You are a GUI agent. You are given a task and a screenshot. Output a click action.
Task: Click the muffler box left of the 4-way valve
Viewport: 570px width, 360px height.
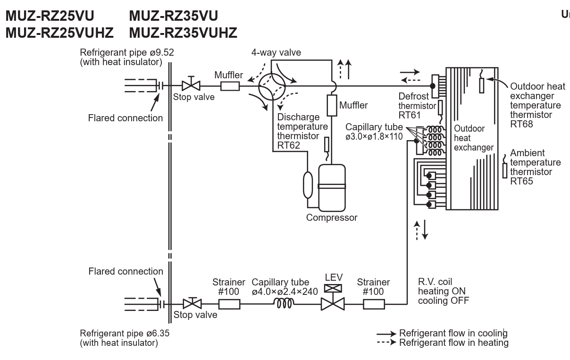coord(230,86)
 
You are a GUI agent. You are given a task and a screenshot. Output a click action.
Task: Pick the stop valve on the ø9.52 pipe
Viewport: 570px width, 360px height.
coord(191,86)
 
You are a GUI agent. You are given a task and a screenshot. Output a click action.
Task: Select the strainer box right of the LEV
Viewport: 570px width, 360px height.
coord(373,304)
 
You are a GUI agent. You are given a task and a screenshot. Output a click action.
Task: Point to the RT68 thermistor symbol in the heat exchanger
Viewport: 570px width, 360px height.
coord(482,85)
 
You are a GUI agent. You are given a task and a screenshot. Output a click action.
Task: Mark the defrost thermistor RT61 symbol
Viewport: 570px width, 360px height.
coord(440,108)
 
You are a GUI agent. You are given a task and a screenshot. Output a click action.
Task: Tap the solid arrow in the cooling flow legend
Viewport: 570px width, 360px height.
coord(386,334)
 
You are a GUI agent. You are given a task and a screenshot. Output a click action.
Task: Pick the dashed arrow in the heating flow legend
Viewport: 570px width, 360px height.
coord(386,343)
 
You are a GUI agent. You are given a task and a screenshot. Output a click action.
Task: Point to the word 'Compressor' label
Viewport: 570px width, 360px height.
coord(332,218)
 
